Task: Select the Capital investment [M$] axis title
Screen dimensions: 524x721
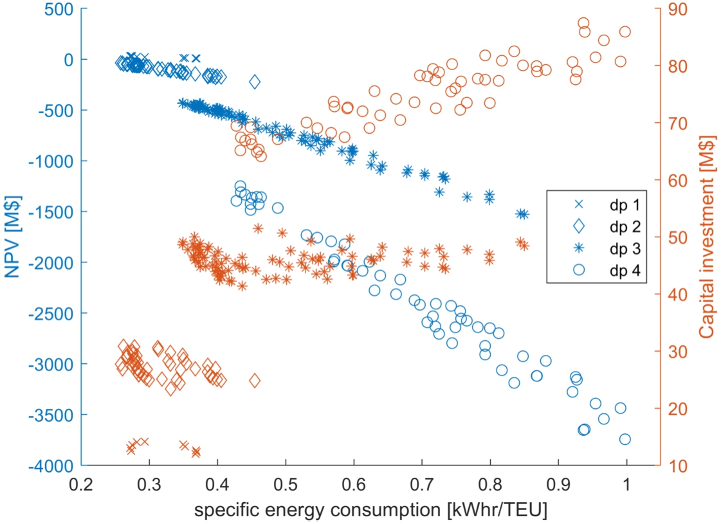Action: point(708,237)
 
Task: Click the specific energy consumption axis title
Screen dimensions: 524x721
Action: point(372,510)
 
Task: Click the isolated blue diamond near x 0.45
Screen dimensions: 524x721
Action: point(255,82)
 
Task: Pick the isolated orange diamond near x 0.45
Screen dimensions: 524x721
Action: point(255,380)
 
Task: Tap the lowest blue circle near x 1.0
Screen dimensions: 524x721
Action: point(625,439)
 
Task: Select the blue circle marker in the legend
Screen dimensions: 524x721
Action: point(579,269)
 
